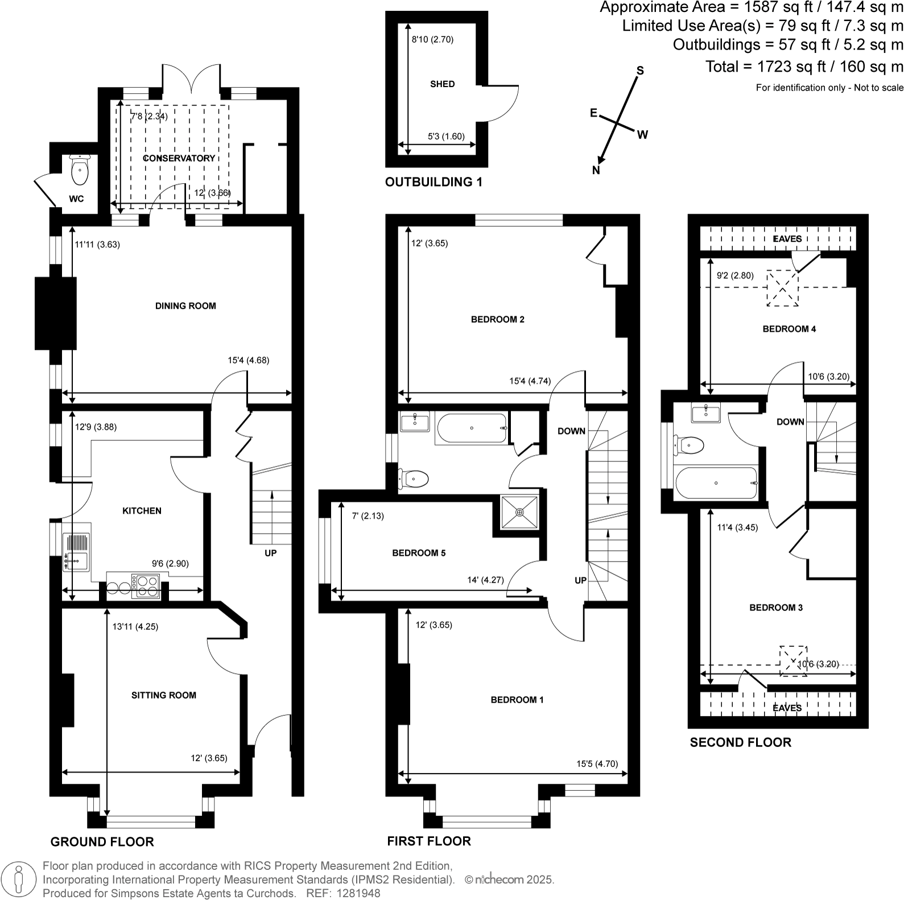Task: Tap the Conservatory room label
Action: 179,158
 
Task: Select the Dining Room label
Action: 185,306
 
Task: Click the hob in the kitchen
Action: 146,587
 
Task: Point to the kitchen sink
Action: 76,552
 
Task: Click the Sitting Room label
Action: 164,695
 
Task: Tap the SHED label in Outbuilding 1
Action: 442,84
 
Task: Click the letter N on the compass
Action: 596,170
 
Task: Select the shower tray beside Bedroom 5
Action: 519,512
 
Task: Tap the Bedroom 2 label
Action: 498,320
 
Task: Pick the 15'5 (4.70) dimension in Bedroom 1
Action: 597,764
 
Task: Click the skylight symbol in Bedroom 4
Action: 783,289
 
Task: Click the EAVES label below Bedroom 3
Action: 787,708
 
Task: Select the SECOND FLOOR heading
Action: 740,742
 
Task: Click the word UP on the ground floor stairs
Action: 270,553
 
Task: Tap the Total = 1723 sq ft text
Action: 804,67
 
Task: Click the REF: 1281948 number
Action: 343,893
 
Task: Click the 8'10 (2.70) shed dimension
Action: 432,40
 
